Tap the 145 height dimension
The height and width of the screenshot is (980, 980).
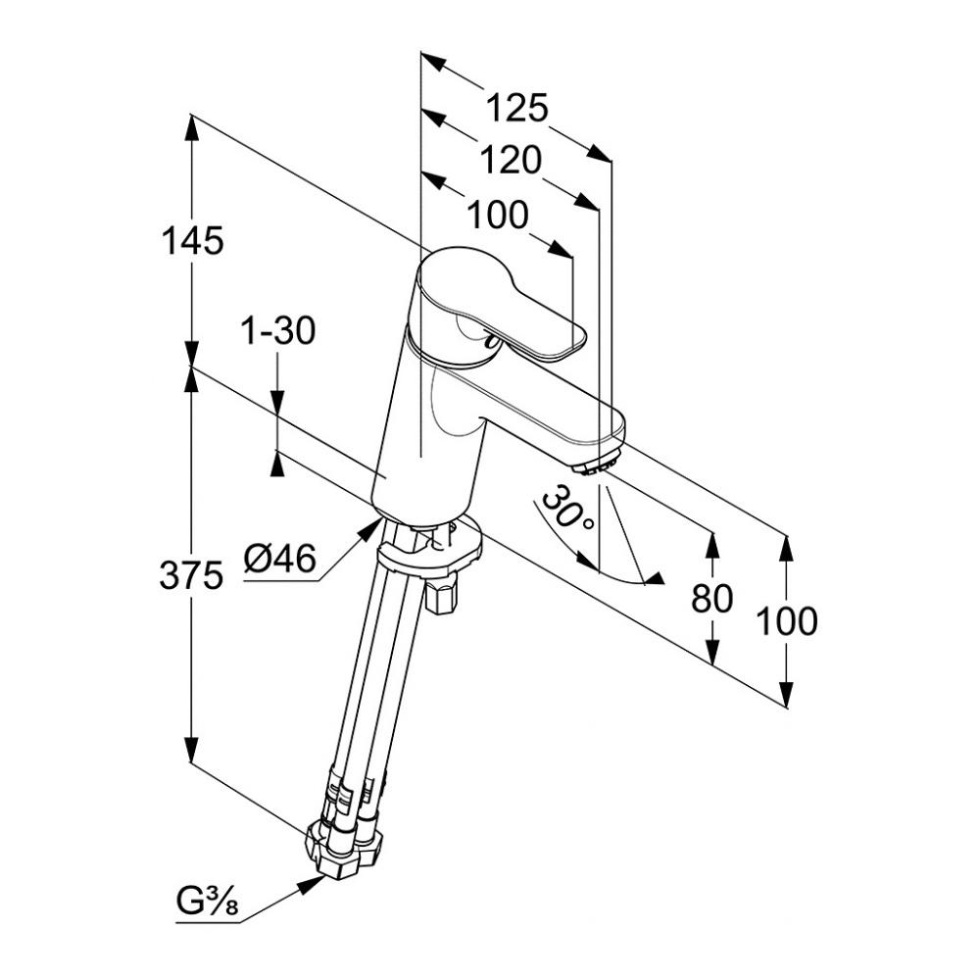click(192, 240)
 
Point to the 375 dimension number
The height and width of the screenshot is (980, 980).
click(191, 578)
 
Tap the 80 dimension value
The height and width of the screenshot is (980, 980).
click(711, 598)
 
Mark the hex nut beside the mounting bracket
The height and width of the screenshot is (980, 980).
click(443, 594)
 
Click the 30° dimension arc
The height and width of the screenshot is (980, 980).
click(627, 577)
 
